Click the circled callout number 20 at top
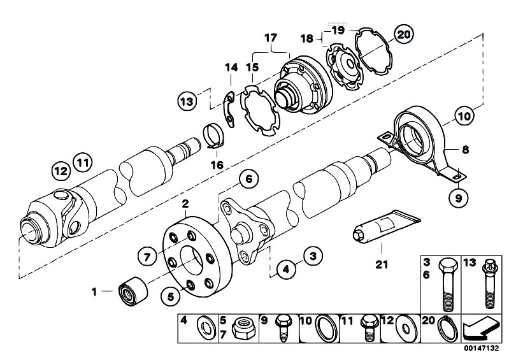[x=403, y=34]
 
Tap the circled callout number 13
[x=187, y=101]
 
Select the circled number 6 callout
[x=249, y=179]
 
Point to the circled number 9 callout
[x=459, y=198]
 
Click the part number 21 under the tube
[x=382, y=264]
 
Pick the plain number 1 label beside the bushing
[x=94, y=292]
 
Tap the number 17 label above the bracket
[x=271, y=38]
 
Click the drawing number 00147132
[x=481, y=349]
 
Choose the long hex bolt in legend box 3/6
[x=448, y=284]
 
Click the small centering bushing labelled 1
[x=133, y=290]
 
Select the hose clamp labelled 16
[x=214, y=135]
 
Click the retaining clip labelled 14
[x=230, y=110]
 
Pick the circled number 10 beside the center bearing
[x=464, y=116]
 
